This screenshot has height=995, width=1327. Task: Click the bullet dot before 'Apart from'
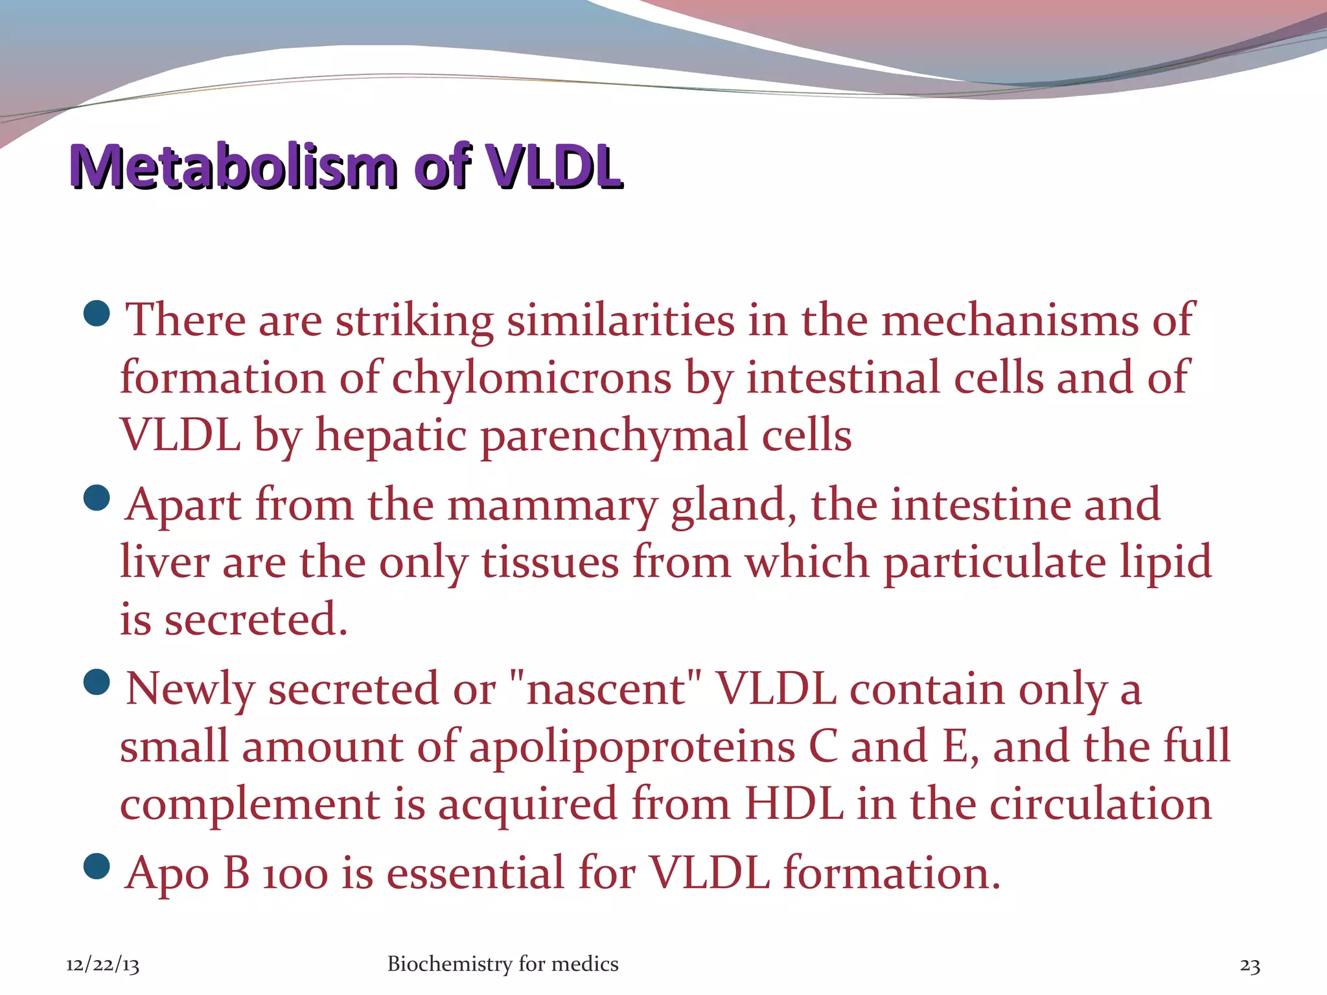97,498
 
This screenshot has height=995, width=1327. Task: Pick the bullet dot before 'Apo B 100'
97,867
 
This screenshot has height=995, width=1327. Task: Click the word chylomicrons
531,378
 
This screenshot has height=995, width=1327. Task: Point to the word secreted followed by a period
255,619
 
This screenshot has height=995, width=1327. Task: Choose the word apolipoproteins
632,747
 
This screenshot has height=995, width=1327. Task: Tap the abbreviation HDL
794,804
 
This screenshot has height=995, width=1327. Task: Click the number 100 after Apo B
295,875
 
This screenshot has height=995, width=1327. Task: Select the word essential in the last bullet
476,873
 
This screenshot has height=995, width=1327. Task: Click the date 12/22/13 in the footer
102,965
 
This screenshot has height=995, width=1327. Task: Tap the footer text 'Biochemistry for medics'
503,964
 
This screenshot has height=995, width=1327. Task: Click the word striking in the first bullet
414,321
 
